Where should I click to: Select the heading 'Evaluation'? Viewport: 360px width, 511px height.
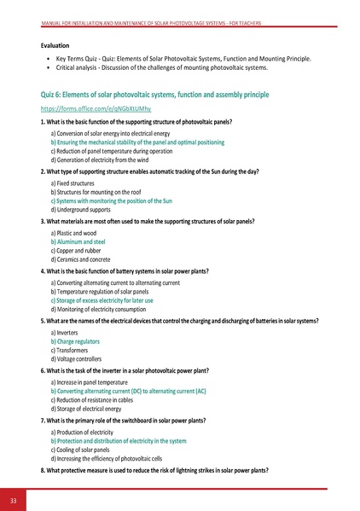(x=59, y=44)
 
